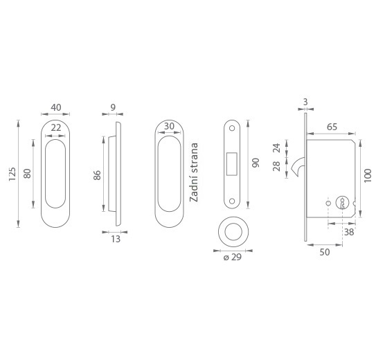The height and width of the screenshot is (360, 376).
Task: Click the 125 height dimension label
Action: [x=12, y=174]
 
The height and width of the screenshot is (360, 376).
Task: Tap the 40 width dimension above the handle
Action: [x=56, y=107]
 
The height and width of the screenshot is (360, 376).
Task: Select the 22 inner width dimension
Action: [x=56, y=128]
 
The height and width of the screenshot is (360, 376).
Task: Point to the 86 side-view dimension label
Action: [x=97, y=175]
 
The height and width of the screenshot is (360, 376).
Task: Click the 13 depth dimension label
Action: [x=116, y=239]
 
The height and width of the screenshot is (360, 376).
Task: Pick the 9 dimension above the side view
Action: [x=113, y=107]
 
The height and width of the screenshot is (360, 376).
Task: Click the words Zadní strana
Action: [x=194, y=172]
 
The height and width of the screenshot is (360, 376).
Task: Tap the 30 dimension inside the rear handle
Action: [x=169, y=126]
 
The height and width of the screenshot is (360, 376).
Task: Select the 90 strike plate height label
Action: [x=256, y=163]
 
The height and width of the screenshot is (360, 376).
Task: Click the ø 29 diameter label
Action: [x=233, y=258]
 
